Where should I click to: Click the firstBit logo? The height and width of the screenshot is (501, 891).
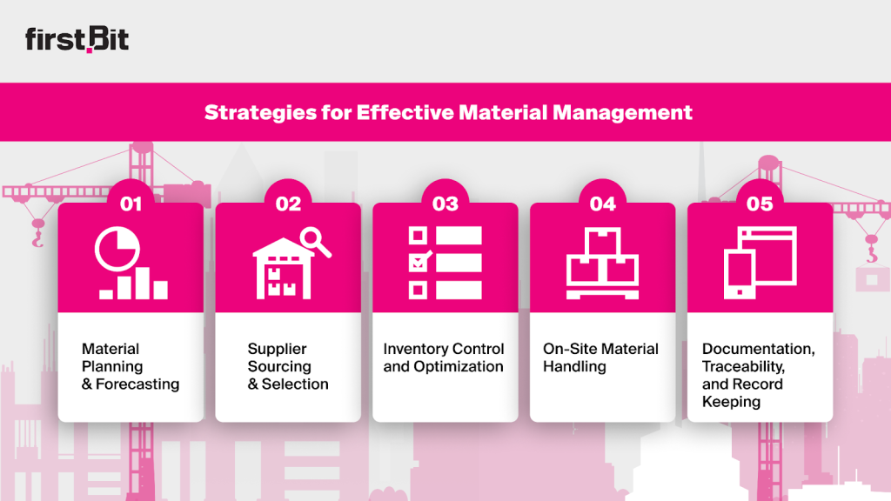click(x=77, y=39)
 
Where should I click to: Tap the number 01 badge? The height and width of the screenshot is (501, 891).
click(x=131, y=204)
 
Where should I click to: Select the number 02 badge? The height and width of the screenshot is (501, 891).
click(x=288, y=204)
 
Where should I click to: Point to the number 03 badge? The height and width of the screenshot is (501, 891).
click(x=445, y=204)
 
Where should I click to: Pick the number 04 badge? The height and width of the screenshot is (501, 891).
click(x=603, y=204)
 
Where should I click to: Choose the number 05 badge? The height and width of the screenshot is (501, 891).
click(x=760, y=204)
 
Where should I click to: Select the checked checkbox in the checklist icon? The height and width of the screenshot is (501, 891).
click(x=418, y=261)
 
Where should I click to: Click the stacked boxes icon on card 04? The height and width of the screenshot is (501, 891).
click(x=602, y=263)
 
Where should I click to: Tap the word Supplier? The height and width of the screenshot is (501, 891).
click(x=277, y=349)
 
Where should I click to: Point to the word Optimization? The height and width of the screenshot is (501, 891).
click(x=458, y=367)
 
